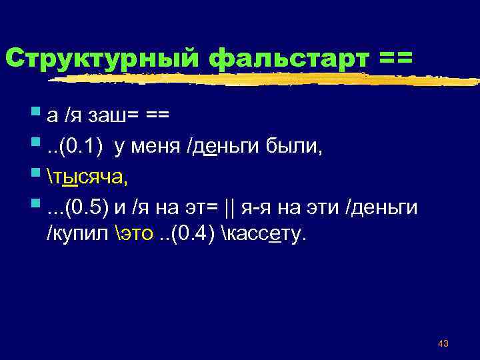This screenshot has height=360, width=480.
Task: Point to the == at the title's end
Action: [x=395, y=58]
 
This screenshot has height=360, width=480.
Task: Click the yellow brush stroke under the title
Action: [x=267, y=81]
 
